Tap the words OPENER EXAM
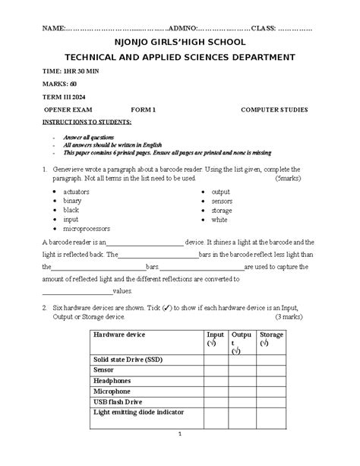point(71,109)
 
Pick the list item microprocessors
point(87,228)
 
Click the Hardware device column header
point(118,334)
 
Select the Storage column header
point(272,334)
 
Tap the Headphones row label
point(112,380)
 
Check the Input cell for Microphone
point(216,391)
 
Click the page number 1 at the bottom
point(181,434)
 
